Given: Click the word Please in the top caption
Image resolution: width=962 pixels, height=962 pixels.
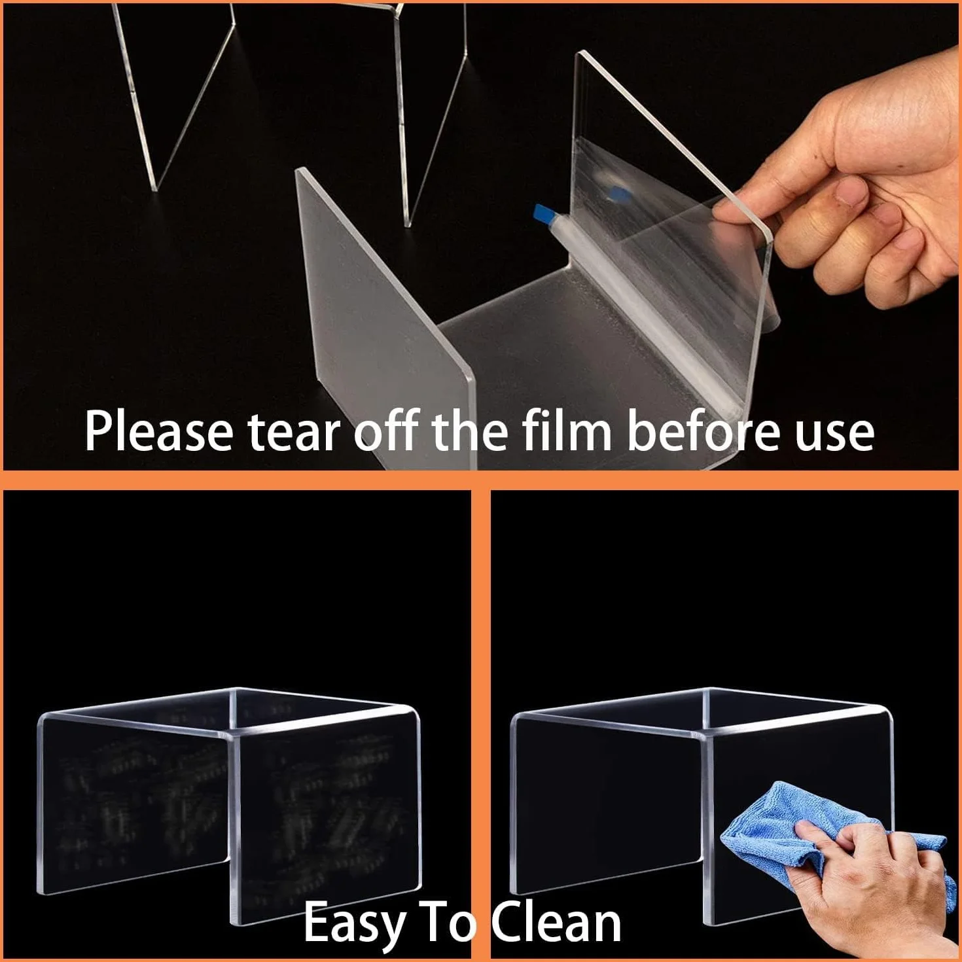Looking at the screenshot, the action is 159,431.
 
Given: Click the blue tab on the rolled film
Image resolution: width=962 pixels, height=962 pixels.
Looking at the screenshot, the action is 545,217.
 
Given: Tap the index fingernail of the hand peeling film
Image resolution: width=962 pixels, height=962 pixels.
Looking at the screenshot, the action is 851,192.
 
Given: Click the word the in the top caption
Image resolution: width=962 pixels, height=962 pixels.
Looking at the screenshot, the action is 472,431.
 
